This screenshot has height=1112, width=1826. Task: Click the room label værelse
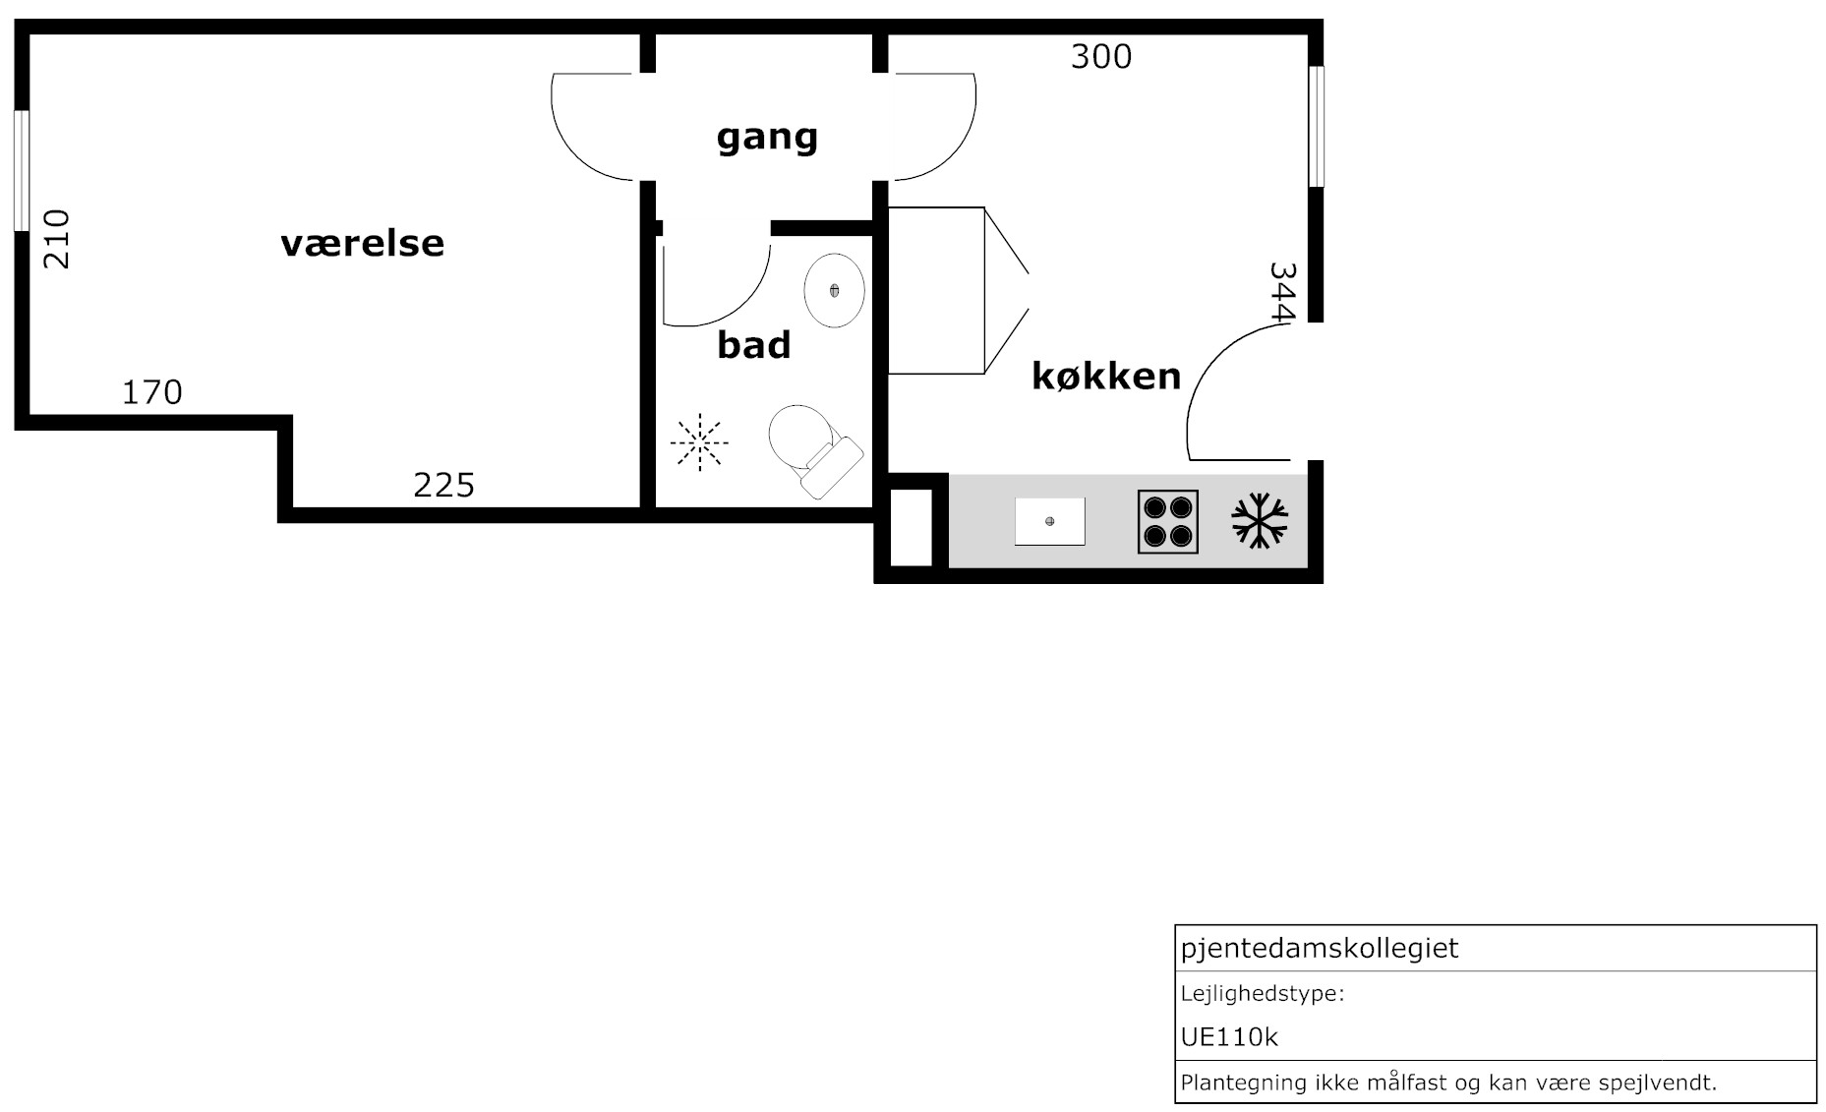[x=362, y=243]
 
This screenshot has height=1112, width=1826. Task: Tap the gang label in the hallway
[x=767, y=138]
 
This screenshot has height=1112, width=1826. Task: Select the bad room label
[x=754, y=345]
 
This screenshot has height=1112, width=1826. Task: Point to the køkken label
[x=1106, y=376]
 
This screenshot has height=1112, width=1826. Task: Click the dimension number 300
[x=1101, y=57]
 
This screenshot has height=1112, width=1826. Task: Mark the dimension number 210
[x=56, y=239]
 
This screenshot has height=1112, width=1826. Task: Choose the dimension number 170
[x=152, y=392]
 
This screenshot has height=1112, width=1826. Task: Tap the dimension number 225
[x=444, y=485]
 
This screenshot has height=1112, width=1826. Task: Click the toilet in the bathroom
[x=814, y=450]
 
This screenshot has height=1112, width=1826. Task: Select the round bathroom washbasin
[x=834, y=290]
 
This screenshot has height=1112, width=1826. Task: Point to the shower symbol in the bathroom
[x=699, y=442]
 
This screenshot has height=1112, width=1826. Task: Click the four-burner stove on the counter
[x=1168, y=521]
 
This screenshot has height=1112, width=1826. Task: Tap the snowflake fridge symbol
[x=1260, y=521]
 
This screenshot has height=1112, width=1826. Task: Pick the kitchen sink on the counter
[x=1050, y=521]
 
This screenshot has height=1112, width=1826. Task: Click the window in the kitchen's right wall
[x=1316, y=126]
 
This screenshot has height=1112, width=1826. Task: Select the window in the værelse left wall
[x=22, y=171]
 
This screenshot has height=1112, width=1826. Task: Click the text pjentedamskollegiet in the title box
[x=1320, y=949]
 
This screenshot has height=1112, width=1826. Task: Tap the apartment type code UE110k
[x=1229, y=1037]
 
